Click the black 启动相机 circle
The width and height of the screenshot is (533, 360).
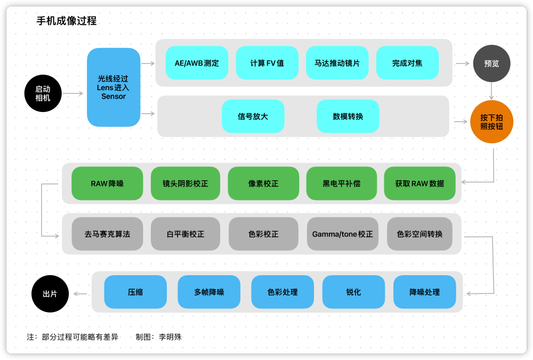(43, 93)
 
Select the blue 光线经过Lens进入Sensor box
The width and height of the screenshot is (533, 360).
(114, 87)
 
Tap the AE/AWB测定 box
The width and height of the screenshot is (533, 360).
(197, 63)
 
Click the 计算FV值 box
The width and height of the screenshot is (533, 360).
(267, 63)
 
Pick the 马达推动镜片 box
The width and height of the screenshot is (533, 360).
(337, 63)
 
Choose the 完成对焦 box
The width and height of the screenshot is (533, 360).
(407, 63)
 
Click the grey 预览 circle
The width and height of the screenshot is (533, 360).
(491, 63)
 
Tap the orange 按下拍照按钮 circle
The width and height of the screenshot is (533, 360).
(491, 122)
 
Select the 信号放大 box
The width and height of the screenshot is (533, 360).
(253, 116)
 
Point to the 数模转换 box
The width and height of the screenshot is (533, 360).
(348, 116)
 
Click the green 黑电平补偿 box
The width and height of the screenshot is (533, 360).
(342, 183)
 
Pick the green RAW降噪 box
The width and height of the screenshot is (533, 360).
(107, 183)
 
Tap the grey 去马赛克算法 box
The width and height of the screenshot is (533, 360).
(107, 234)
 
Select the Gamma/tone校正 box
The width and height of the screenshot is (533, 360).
(343, 234)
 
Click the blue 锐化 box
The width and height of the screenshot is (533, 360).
(353, 292)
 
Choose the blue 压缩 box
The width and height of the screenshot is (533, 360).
(135, 292)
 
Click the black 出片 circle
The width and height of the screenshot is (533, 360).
(50, 293)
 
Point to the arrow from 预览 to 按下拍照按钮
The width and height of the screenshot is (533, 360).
(491, 91)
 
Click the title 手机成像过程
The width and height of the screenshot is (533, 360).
(66, 21)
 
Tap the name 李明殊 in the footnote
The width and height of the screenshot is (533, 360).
(170, 337)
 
